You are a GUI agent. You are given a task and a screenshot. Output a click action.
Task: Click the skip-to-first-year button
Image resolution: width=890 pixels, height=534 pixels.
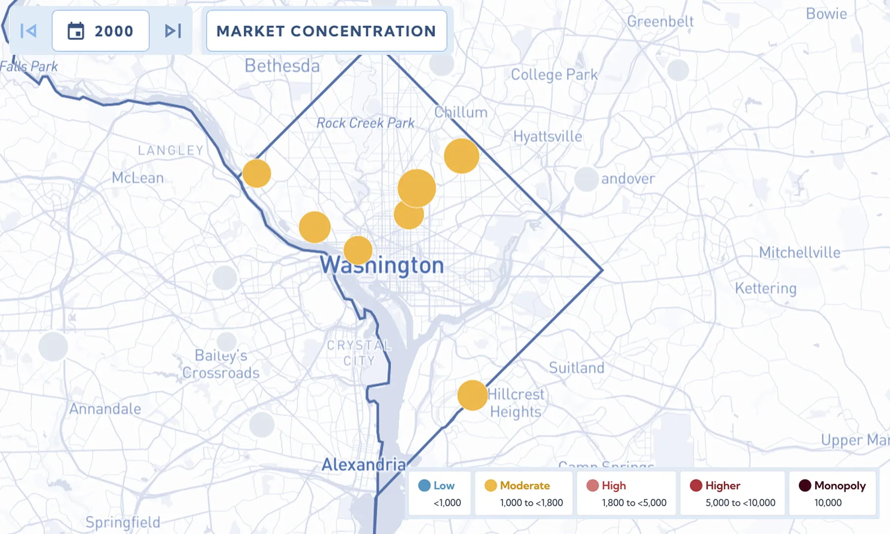(29, 31)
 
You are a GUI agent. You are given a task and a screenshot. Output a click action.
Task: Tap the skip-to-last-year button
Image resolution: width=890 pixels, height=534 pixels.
(173, 31)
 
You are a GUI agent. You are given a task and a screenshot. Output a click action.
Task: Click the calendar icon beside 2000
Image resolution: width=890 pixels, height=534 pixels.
(76, 31)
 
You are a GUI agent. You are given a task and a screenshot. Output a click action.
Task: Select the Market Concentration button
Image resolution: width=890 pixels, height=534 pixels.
(326, 31)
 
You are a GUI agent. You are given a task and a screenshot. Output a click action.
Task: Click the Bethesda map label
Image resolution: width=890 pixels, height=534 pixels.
(282, 66)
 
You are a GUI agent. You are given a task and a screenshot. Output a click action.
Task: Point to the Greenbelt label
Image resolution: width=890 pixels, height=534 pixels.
(660, 22)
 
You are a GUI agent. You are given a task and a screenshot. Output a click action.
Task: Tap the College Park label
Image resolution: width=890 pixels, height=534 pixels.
(554, 75)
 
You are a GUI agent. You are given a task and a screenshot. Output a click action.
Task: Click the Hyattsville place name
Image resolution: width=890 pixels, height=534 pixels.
(547, 136)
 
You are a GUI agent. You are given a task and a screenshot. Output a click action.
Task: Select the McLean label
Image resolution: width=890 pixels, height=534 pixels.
(137, 178)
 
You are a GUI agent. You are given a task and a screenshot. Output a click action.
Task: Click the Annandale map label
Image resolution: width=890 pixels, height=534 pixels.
(105, 409)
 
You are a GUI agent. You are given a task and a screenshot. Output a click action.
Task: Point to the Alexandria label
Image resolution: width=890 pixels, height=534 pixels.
(363, 465)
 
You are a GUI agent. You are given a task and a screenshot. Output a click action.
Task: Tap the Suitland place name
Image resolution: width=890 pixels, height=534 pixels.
(577, 368)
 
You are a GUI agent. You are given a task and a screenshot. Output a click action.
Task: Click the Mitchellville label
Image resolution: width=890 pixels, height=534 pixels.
(800, 253)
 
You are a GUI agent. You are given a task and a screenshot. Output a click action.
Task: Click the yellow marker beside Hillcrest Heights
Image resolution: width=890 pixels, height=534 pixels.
(472, 396)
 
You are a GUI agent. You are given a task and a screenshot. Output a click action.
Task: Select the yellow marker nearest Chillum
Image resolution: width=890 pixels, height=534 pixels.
(461, 156)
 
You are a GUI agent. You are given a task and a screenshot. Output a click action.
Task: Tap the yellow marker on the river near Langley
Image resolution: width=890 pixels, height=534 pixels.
(257, 174)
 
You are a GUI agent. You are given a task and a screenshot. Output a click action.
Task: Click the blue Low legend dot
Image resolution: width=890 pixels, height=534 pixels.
(424, 486)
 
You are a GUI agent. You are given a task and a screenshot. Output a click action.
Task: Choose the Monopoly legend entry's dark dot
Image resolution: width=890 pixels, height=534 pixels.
(805, 486)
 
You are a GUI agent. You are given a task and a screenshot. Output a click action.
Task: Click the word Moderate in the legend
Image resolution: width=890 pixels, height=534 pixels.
(525, 486)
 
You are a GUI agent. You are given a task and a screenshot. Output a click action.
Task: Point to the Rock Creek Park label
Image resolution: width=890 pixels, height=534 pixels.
(365, 123)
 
